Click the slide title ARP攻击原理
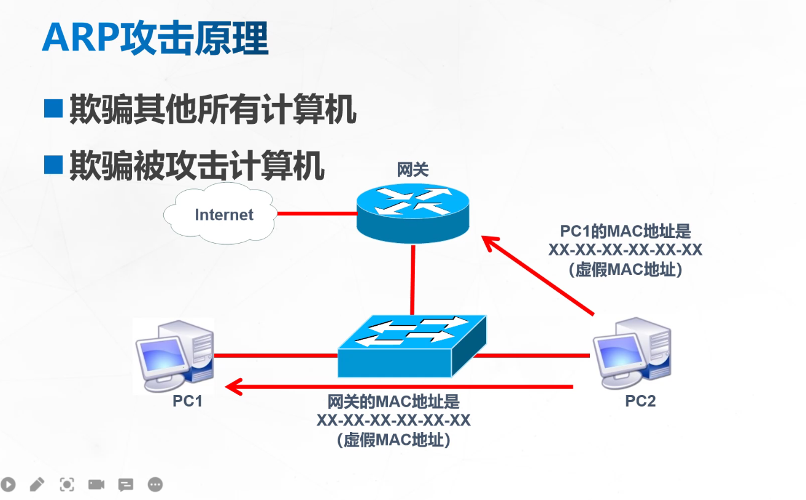(155, 38)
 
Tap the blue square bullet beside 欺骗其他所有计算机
(53, 108)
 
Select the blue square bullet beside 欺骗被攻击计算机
(53, 165)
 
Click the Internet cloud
(220, 213)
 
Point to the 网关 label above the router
(413, 169)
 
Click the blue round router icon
(413, 213)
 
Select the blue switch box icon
(413, 346)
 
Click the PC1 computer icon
(175, 356)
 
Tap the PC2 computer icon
(632, 353)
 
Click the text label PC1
(187, 401)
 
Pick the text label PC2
(640, 401)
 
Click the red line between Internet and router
(317, 213)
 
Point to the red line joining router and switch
(413, 280)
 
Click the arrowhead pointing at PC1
(233, 387)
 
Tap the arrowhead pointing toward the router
(490, 243)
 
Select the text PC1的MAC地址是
(626, 231)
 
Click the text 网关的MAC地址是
(393, 401)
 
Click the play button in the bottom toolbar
(8, 485)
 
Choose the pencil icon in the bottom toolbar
(37, 485)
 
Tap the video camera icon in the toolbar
(96, 485)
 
